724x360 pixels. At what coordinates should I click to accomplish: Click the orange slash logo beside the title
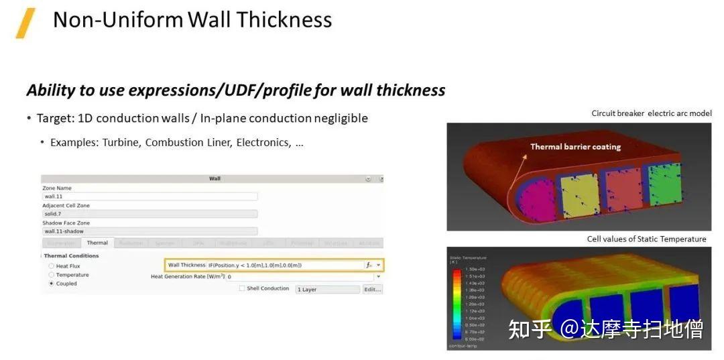point(25,23)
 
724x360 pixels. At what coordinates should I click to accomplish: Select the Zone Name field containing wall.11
point(149,196)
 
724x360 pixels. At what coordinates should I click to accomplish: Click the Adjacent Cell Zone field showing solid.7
point(149,214)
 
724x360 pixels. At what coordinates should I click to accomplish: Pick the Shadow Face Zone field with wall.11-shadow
point(149,231)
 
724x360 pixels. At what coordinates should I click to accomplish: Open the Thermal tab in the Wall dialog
point(97,243)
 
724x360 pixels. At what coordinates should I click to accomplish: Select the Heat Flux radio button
point(52,266)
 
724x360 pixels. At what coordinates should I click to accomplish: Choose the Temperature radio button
point(52,275)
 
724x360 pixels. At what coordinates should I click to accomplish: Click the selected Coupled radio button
point(52,284)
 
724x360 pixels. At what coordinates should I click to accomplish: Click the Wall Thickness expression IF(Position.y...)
point(255,265)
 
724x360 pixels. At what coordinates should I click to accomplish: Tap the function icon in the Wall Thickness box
point(369,265)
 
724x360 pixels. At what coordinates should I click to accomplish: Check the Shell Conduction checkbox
point(242,289)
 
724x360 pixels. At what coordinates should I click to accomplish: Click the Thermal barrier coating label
point(575,147)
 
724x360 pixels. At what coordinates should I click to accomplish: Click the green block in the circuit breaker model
point(664,184)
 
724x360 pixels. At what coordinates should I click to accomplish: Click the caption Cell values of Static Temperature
point(646,239)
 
